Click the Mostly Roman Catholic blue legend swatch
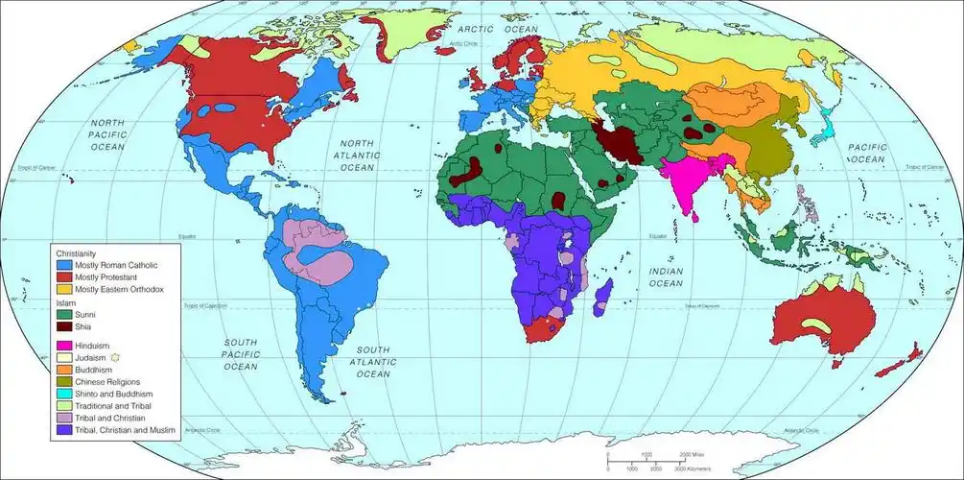click(x=64, y=264)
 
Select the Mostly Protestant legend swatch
click(x=64, y=276)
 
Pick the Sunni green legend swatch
click(x=64, y=313)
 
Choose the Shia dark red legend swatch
click(x=64, y=326)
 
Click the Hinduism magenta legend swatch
click(x=64, y=345)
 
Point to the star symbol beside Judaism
click(x=115, y=357)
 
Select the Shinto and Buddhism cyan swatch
click(x=64, y=394)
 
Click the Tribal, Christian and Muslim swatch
click(x=64, y=430)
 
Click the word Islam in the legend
click(x=63, y=301)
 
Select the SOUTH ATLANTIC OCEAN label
click(x=376, y=362)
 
